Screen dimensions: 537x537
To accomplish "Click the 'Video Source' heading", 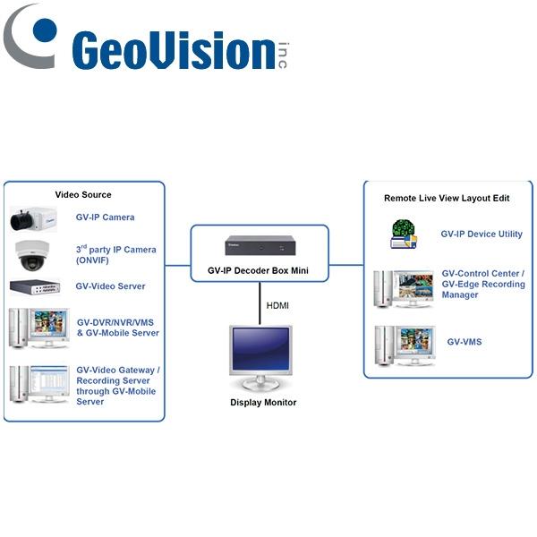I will (x=83, y=194).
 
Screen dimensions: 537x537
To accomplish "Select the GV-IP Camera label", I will (x=105, y=217).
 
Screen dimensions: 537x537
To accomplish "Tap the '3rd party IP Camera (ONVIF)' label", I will (x=115, y=255).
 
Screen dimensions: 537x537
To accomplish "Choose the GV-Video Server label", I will (x=110, y=286).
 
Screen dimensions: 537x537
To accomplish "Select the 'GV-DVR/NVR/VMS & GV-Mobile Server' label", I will (x=118, y=328).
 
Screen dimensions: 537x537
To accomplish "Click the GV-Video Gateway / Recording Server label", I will (x=117, y=386).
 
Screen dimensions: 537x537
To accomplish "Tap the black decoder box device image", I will (x=259, y=245).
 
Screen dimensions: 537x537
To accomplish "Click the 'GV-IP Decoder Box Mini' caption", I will (x=260, y=269).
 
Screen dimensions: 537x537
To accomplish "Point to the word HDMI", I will (x=278, y=306).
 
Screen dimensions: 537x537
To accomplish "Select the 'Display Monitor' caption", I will (x=263, y=403).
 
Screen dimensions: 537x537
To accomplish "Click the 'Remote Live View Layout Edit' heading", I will (x=447, y=198).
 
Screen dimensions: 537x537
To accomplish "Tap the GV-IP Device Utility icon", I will (x=404, y=234).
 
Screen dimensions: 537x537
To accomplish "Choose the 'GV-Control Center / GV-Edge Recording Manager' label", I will (x=483, y=284).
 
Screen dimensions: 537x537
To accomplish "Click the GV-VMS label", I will (x=464, y=342).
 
